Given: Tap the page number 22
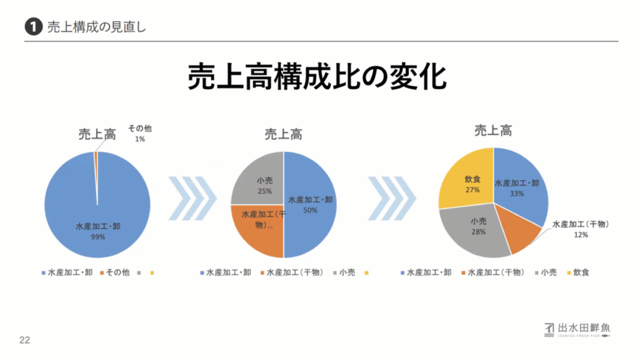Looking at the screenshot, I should tap(25, 340).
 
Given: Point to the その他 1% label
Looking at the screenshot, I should tap(140, 133).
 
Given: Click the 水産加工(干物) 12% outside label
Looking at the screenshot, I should tap(581, 229).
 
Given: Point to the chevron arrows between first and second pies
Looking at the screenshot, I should tap(192, 198).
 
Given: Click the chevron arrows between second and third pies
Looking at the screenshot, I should tap(391, 198).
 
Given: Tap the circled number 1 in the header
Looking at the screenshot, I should tap(33, 27).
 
